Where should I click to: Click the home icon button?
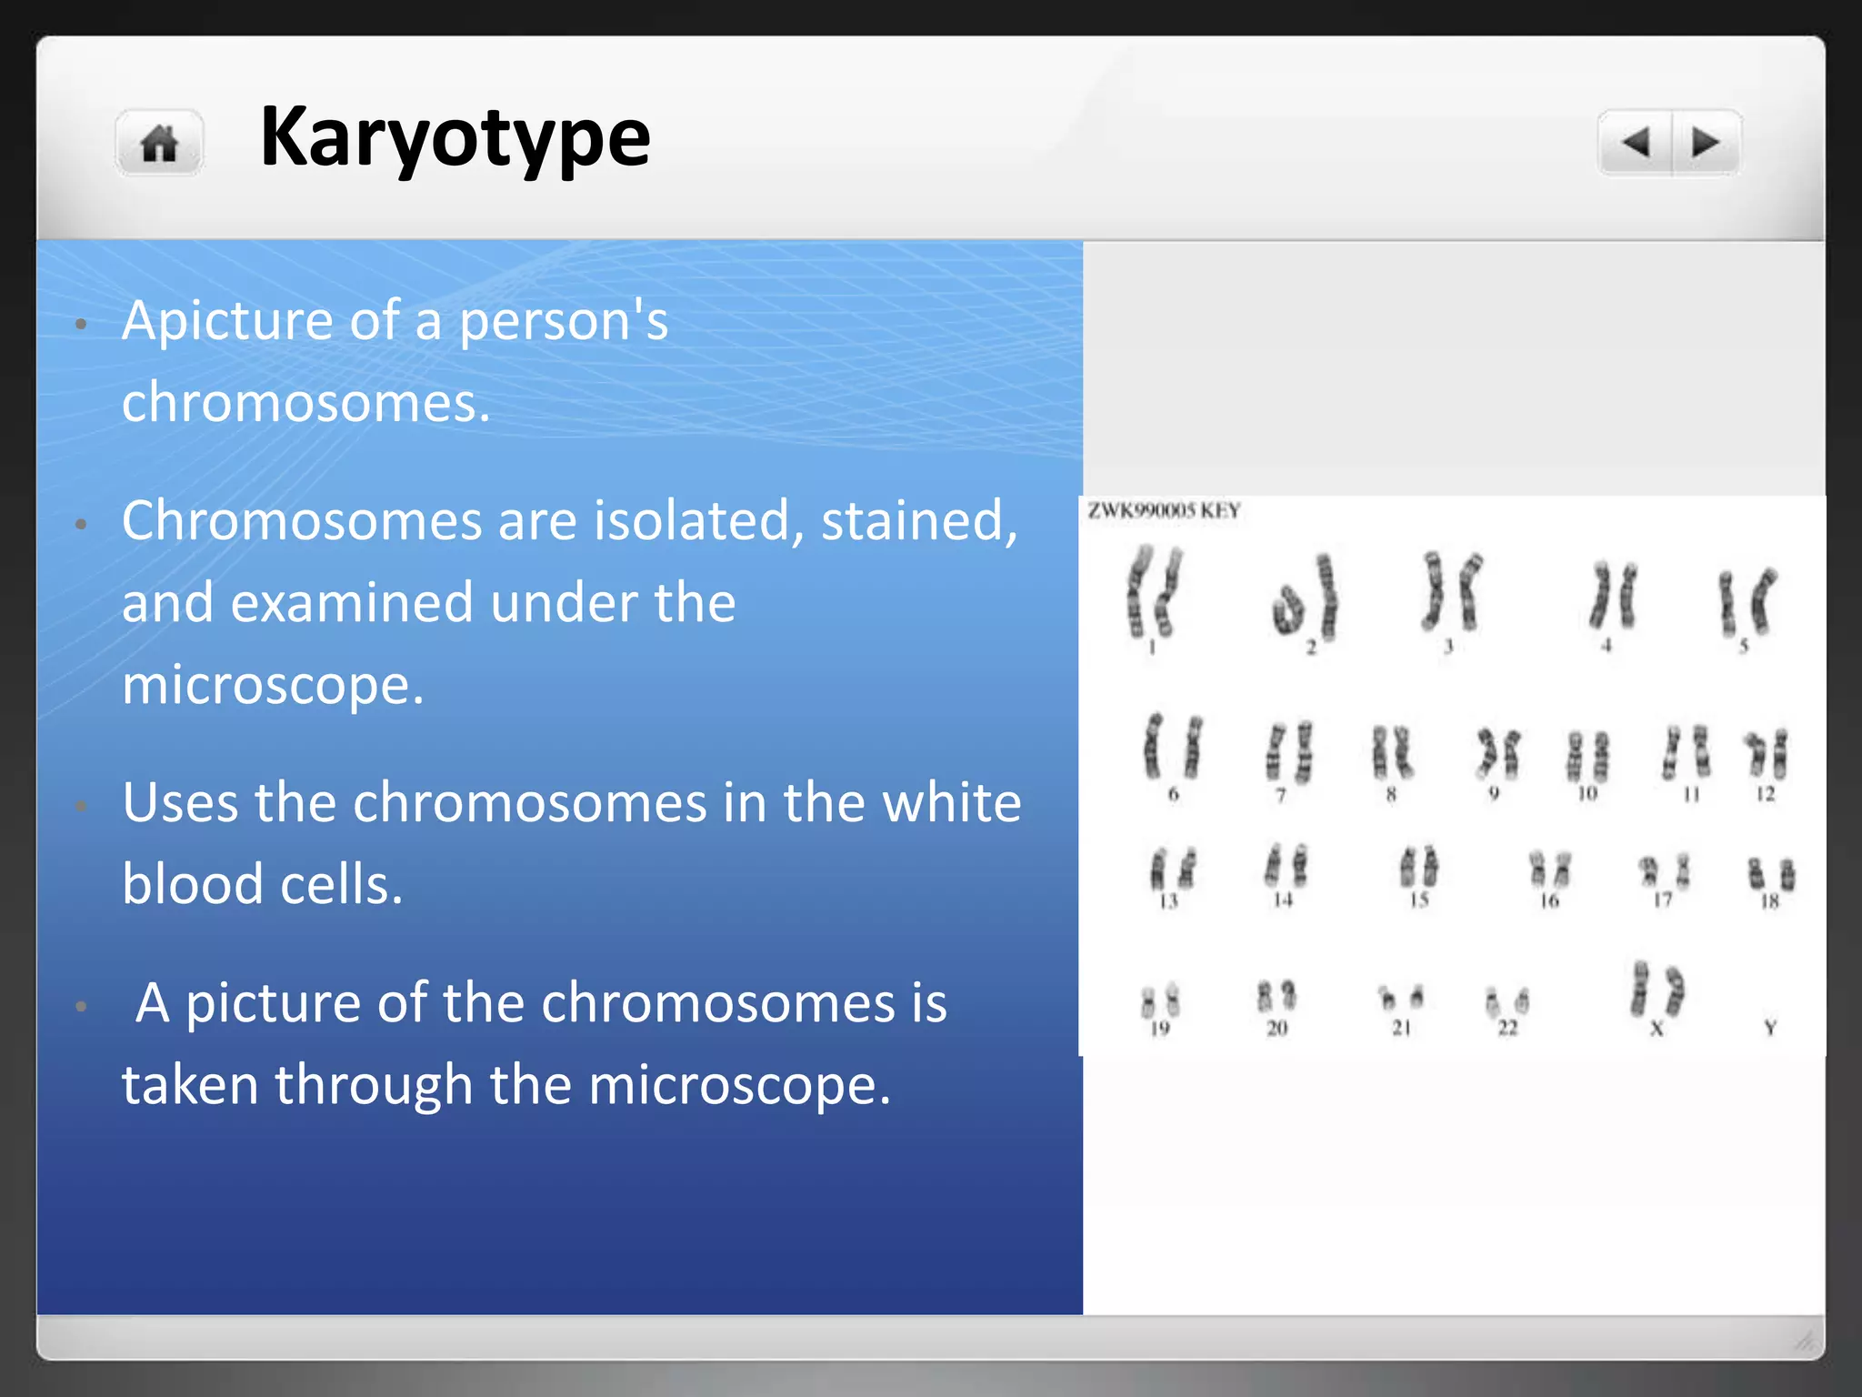[159, 144]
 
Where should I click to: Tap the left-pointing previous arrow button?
[1636, 143]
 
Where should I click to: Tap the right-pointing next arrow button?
[1706, 143]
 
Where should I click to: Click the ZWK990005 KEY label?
[1164, 511]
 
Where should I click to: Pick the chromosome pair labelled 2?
[1306, 598]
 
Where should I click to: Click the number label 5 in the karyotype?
[1744, 646]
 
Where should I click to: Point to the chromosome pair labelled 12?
[1766, 753]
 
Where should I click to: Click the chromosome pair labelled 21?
[1400, 998]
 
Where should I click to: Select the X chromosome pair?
[1657, 990]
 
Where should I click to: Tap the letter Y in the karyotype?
[1770, 1028]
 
